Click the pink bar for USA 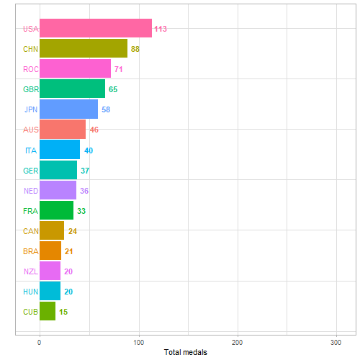(x=95, y=29)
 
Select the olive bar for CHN (x=83, y=49)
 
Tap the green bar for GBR (x=72, y=89)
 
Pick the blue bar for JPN (x=68, y=109)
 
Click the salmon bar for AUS (x=62, y=130)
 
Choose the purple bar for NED (x=58, y=190)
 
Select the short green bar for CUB (x=47, y=312)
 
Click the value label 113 (x=161, y=29)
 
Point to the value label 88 (x=135, y=49)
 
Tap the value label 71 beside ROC (x=119, y=69)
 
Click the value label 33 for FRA (x=81, y=211)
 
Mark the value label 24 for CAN (x=72, y=231)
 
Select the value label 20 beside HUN (x=68, y=292)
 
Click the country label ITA (x=30, y=150)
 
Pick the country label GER (x=30, y=171)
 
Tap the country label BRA (x=30, y=251)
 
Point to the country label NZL (x=30, y=271)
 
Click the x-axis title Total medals (x=186, y=352)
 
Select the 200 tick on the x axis (x=238, y=341)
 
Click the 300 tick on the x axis (x=336, y=341)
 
